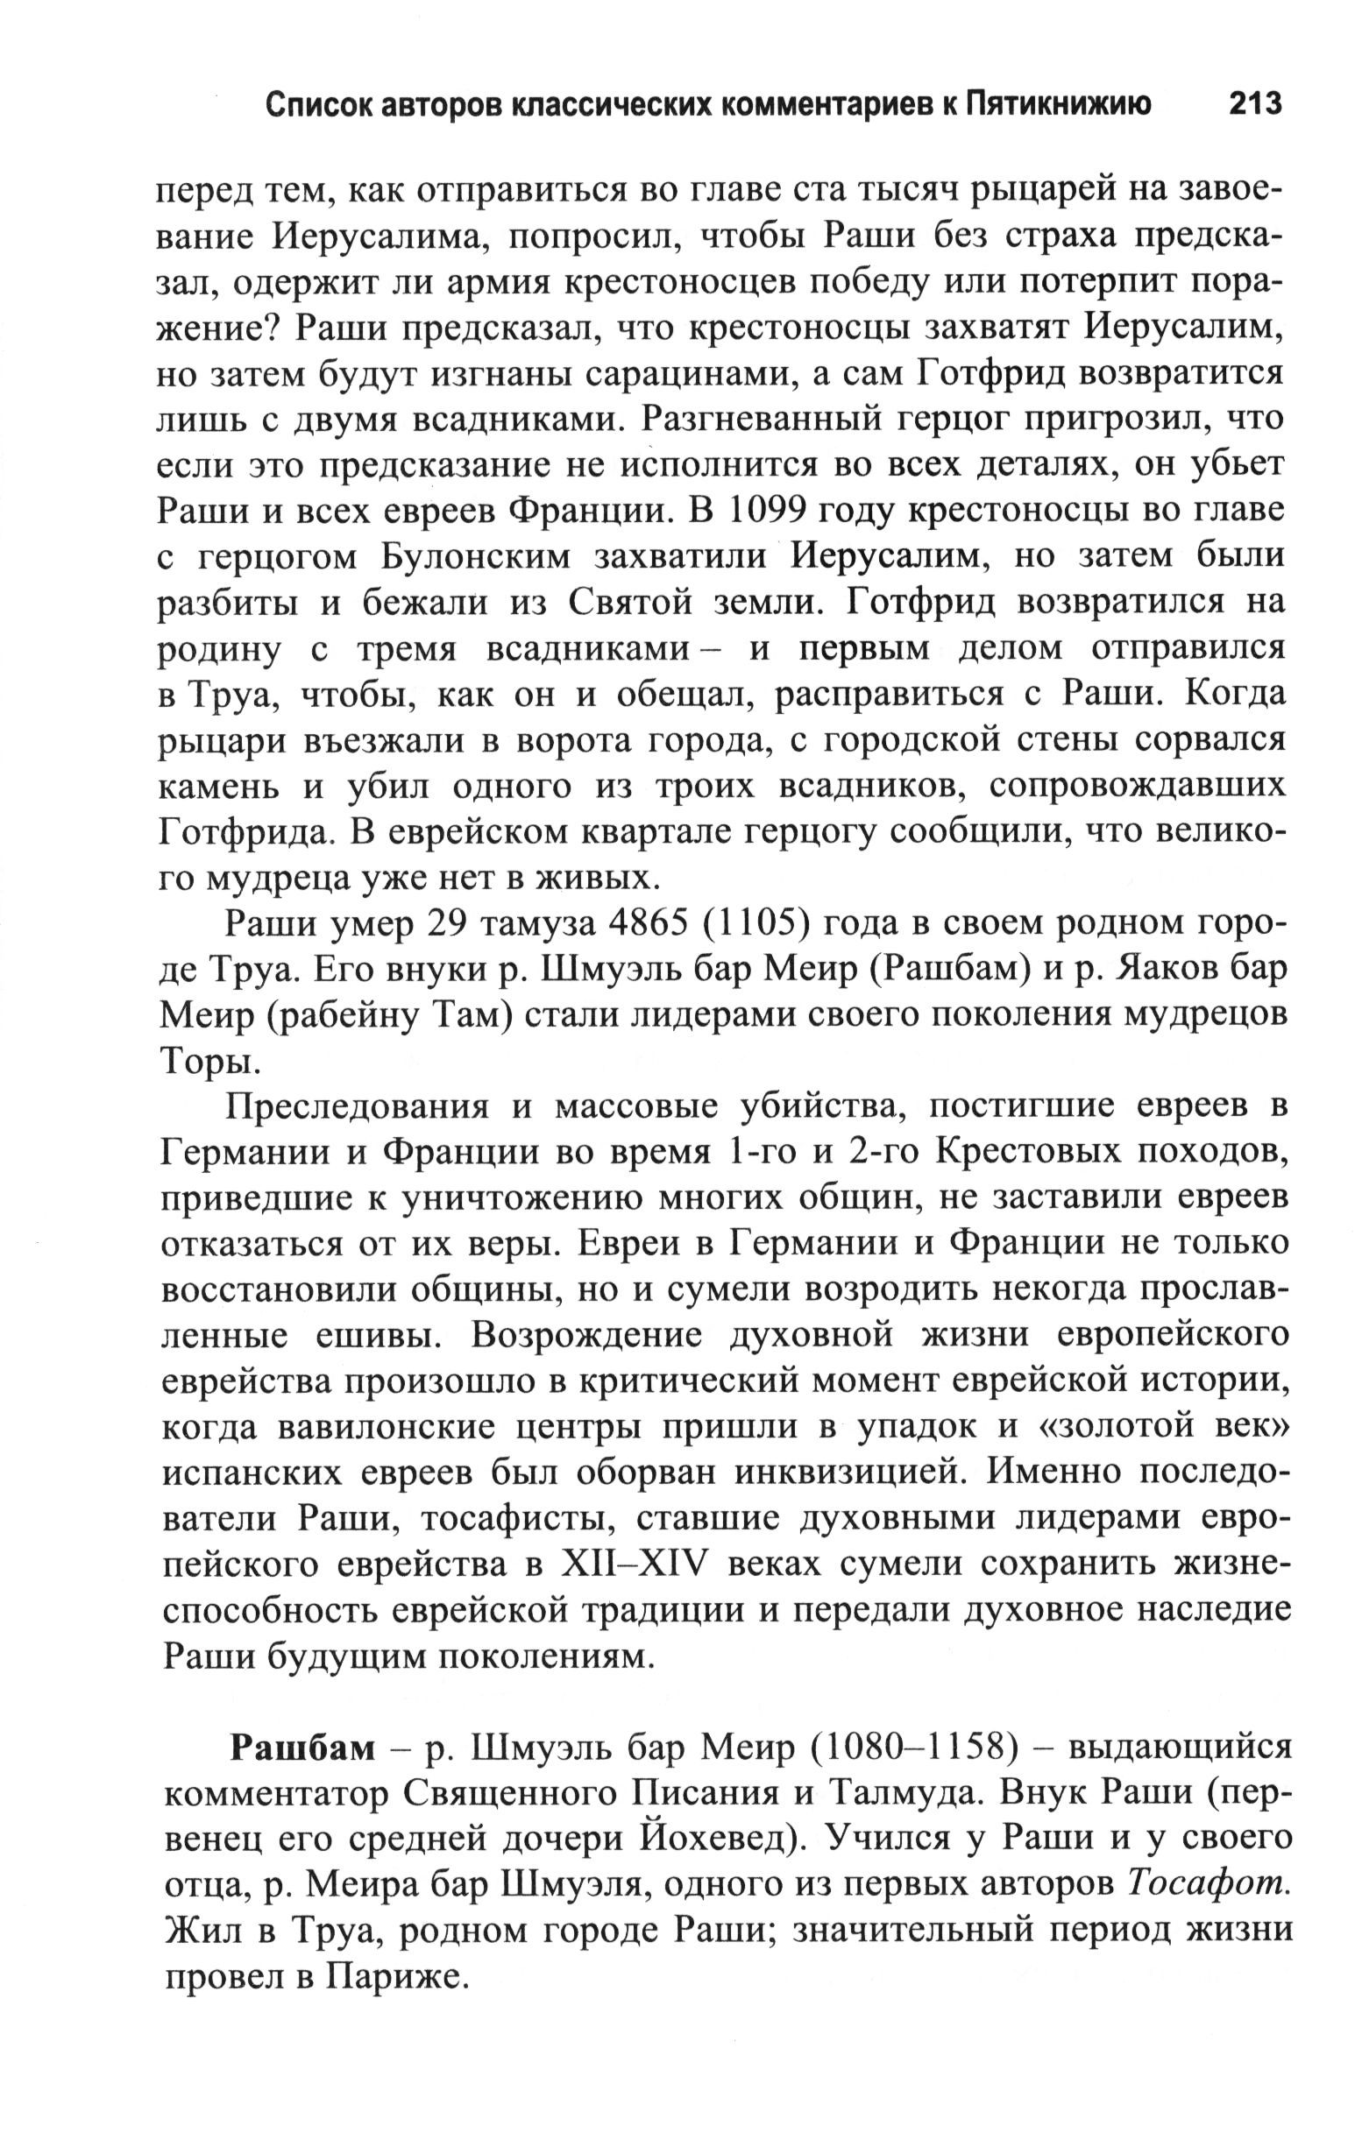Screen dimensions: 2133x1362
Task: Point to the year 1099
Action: click(x=768, y=511)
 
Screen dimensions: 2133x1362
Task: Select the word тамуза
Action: click(x=529, y=923)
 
